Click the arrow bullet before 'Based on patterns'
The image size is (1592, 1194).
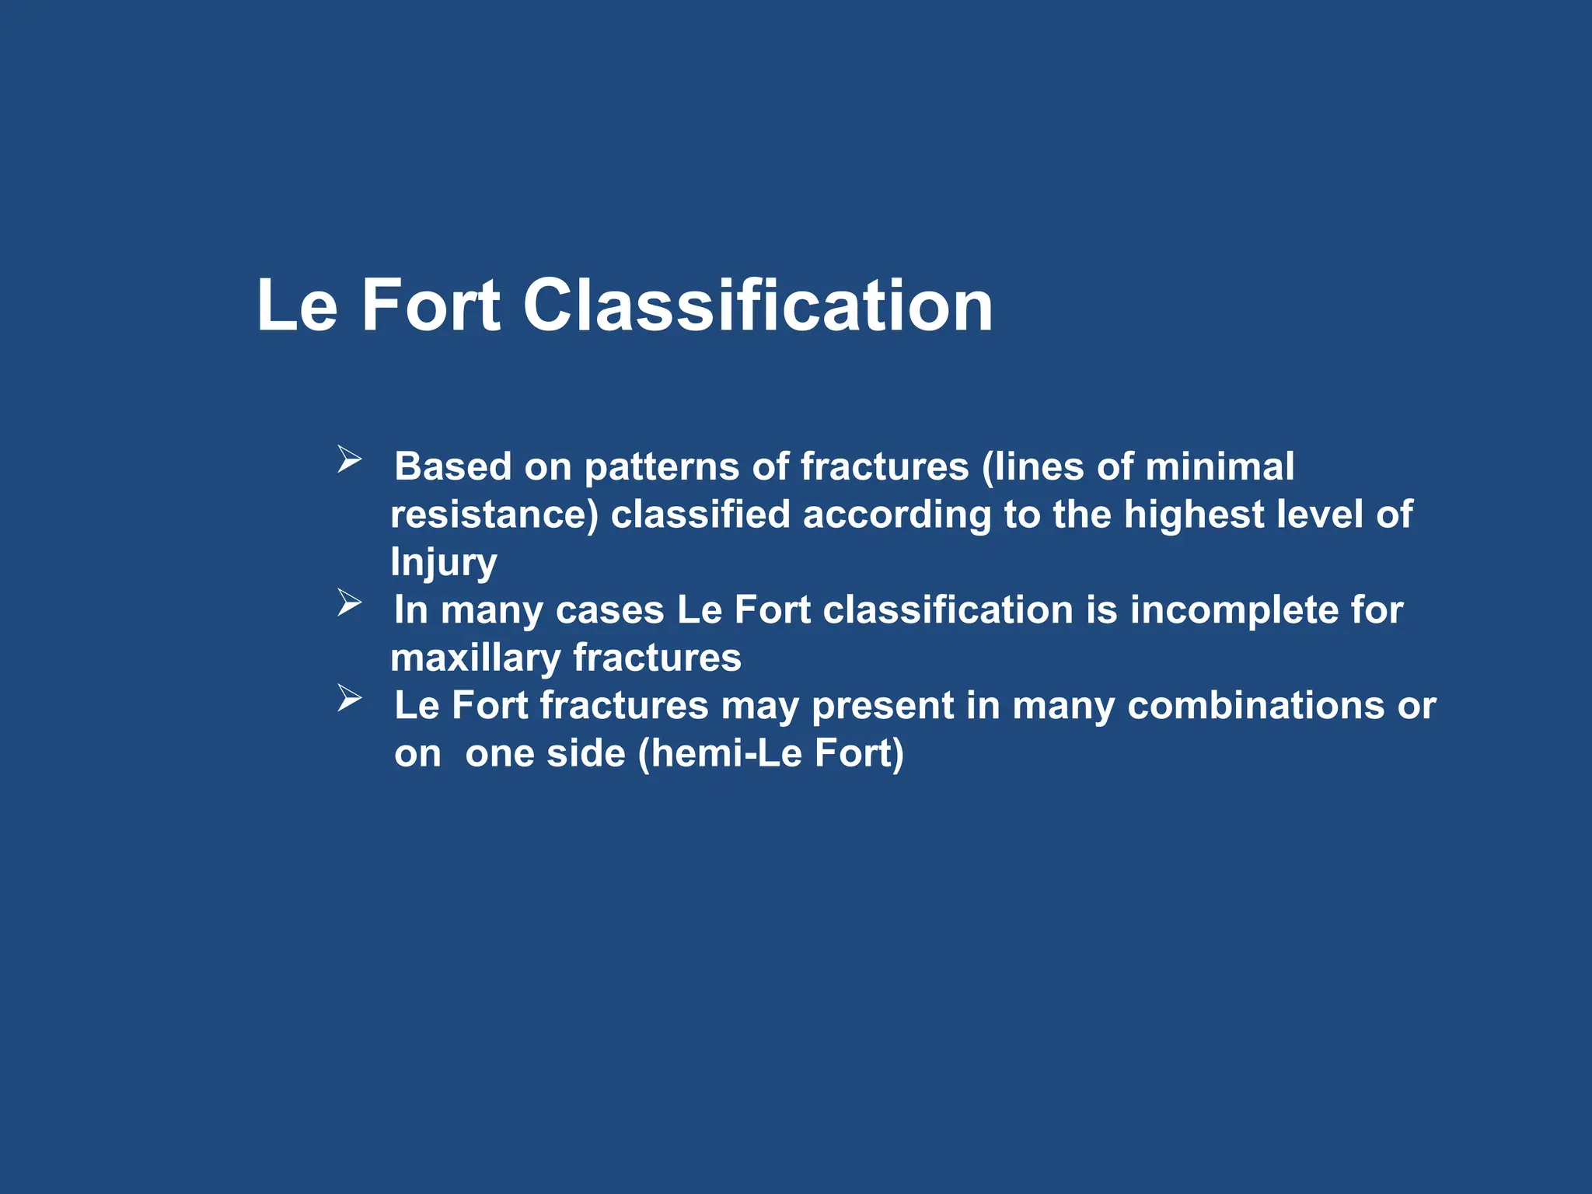tap(349, 459)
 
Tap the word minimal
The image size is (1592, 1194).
tap(1219, 466)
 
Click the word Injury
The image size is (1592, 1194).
tap(443, 563)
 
